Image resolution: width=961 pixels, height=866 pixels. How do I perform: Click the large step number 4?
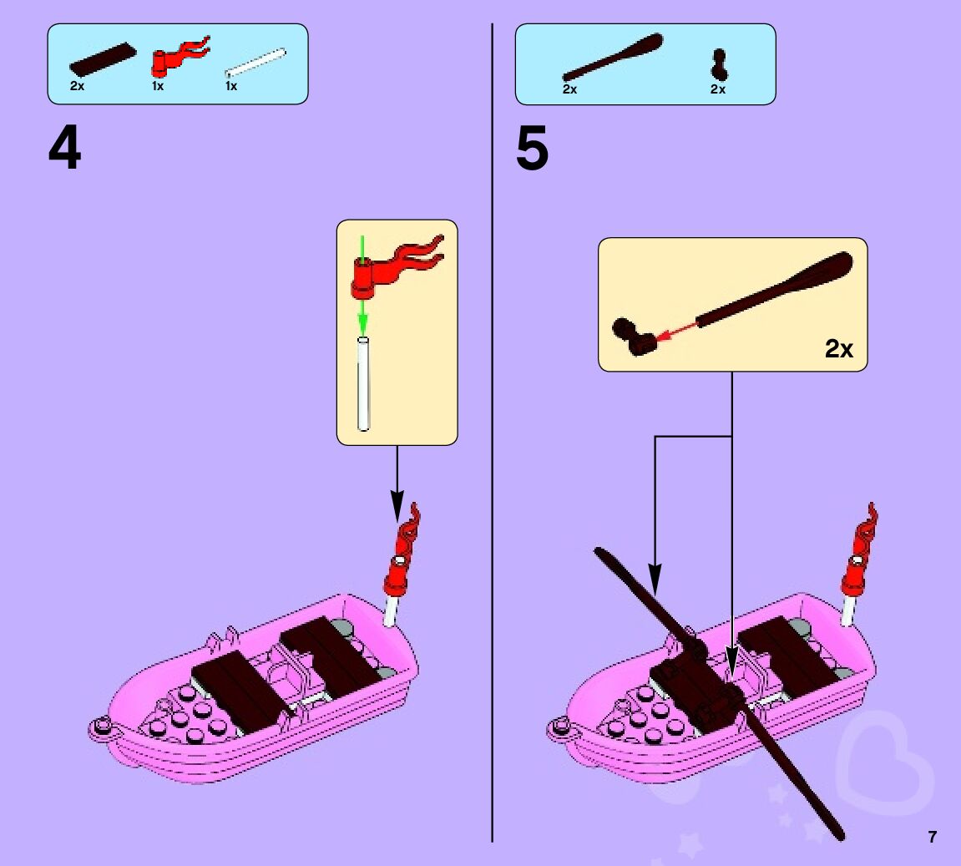click(64, 150)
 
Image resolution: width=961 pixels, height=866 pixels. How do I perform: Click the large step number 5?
click(532, 150)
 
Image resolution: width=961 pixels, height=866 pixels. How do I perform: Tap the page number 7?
click(932, 837)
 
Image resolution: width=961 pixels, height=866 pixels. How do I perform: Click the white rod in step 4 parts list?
click(255, 64)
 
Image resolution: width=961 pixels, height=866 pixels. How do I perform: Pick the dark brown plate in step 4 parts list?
click(102, 58)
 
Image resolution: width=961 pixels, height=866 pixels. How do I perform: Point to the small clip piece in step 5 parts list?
click(717, 65)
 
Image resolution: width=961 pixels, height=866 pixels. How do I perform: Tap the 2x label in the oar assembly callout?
click(839, 348)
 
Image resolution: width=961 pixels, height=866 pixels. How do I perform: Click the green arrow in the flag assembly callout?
click(362, 284)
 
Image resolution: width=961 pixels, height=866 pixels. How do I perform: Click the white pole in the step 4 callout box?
click(363, 384)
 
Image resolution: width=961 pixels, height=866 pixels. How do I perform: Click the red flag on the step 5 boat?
click(861, 547)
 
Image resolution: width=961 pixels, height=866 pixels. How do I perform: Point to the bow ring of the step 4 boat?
click(100, 728)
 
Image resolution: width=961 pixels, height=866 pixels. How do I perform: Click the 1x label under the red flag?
click(158, 87)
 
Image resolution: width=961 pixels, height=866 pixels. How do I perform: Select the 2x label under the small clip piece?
click(718, 89)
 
